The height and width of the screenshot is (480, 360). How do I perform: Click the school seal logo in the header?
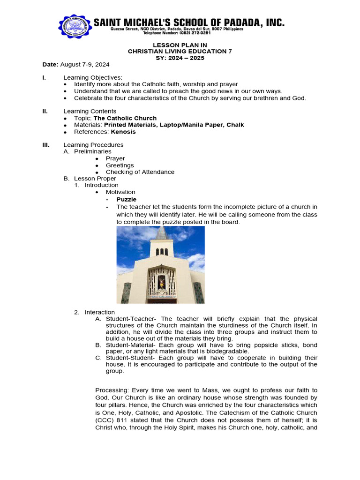pos(75,28)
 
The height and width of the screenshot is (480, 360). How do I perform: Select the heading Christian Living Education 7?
pos(180,51)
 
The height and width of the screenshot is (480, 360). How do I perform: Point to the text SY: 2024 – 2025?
pos(180,58)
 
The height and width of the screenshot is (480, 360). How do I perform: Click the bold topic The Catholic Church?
pos(125,118)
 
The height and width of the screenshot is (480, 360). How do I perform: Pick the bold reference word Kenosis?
pos(123,132)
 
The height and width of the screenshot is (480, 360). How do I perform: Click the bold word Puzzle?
pos(127,199)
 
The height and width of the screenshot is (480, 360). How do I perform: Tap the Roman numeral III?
pos(46,145)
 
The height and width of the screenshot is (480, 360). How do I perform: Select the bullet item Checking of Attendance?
pos(140,172)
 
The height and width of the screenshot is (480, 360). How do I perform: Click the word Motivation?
pos(120,192)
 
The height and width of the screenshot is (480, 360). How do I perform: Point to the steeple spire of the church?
pos(162,233)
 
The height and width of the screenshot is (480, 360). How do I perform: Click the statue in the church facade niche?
pos(161,282)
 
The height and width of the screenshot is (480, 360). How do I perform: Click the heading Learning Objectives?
pos(92,77)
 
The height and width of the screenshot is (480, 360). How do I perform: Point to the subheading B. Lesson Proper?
pos(90,179)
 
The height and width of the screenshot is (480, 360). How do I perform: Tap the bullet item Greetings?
pos(120,165)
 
